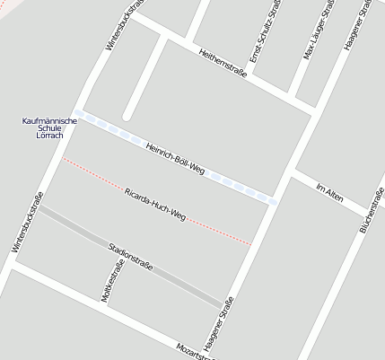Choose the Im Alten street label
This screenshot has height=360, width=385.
tap(331, 192)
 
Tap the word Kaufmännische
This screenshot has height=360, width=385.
tap(49, 120)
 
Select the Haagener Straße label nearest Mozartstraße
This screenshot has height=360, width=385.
tap(219, 323)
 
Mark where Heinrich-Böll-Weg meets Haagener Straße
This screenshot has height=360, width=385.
tap(273, 201)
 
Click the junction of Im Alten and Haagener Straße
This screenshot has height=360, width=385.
tap(294, 170)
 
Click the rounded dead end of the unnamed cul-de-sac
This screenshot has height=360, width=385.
tap(128, 114)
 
